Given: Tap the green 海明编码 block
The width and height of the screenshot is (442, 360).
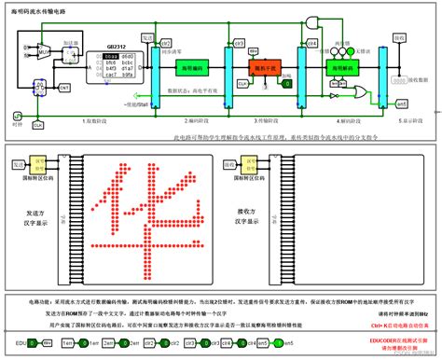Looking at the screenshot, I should [x=199, y=68].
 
